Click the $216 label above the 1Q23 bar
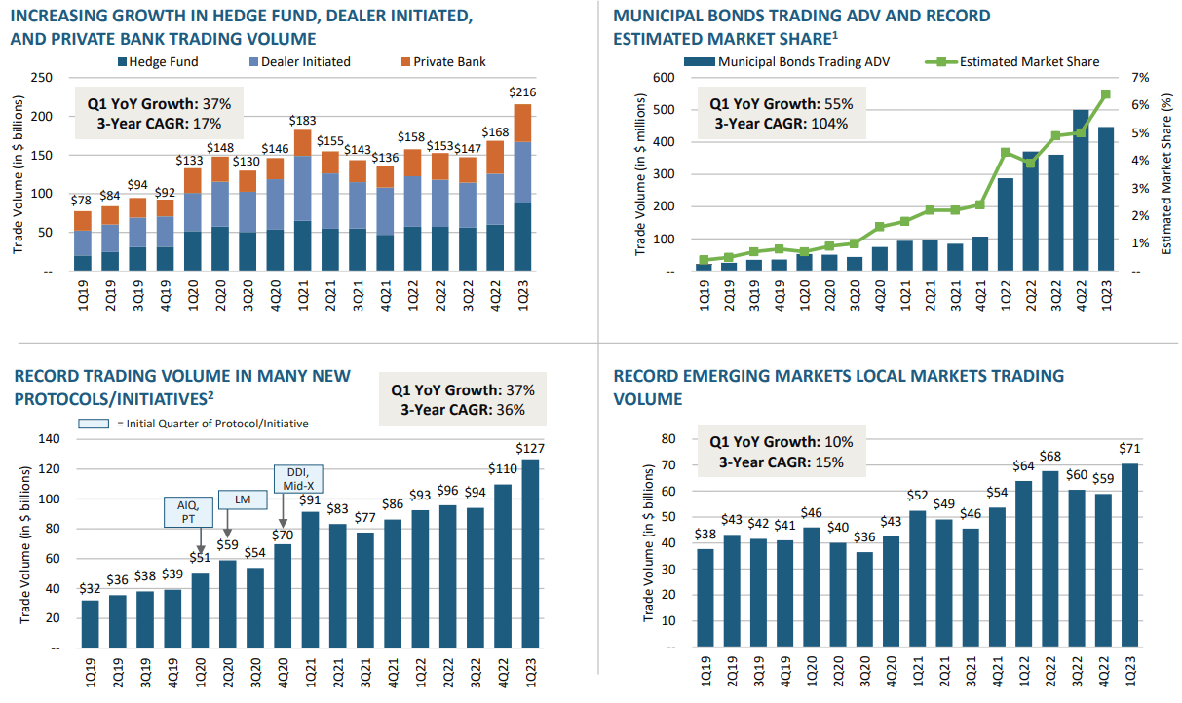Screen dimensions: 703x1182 click(523, 92)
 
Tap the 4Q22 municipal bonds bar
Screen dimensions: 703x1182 click(1081, 190)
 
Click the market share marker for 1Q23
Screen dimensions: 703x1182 click(1106, 94)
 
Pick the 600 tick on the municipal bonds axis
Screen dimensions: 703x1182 click(664, 78)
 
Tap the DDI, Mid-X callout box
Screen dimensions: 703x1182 click(298, 478)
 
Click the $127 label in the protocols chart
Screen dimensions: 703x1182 click(530, 448)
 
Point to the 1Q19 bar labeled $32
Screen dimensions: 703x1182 click(91, 623)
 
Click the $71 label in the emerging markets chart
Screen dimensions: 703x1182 click(1131, 452)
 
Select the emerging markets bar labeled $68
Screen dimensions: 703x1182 click(1049, 559)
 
